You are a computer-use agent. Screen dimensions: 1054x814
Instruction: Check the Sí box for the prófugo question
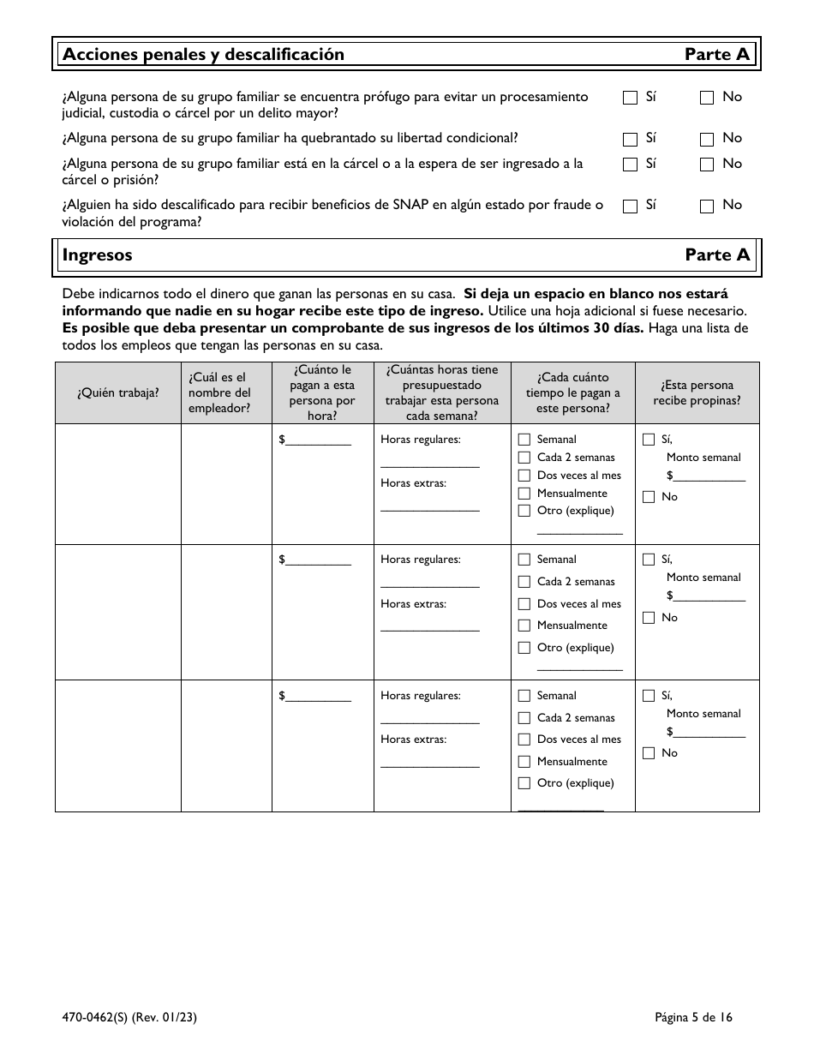[x=630, y=98]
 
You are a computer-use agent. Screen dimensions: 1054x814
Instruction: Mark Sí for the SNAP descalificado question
[x=630, y=206]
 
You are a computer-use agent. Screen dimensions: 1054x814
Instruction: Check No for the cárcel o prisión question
[x=707, y=165]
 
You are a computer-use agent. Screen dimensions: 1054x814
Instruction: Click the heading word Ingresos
[x=98, y=255]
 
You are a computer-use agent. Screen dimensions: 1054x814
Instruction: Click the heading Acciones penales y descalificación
[x=203, y=55]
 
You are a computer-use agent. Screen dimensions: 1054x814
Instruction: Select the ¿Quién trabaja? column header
[x=117, y=393]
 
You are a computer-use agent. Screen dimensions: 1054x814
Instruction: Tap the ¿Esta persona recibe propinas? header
[x=697, y=393]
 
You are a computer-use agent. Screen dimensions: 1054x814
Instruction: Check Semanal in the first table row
[x=524, y=440]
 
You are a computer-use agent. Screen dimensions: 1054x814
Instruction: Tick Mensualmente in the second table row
[x=524, y=626]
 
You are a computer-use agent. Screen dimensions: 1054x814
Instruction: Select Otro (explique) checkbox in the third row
[x=524, y=783]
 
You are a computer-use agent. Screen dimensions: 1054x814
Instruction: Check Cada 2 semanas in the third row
[x=524, y=719]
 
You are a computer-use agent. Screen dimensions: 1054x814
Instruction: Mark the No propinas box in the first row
[x=649, y=497]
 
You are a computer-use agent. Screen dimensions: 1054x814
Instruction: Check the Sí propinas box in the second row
[x=649, y=560]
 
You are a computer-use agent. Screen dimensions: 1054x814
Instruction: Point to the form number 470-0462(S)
[x=102, y=1018]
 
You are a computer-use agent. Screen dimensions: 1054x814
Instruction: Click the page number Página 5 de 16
[x=693, y=1018]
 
